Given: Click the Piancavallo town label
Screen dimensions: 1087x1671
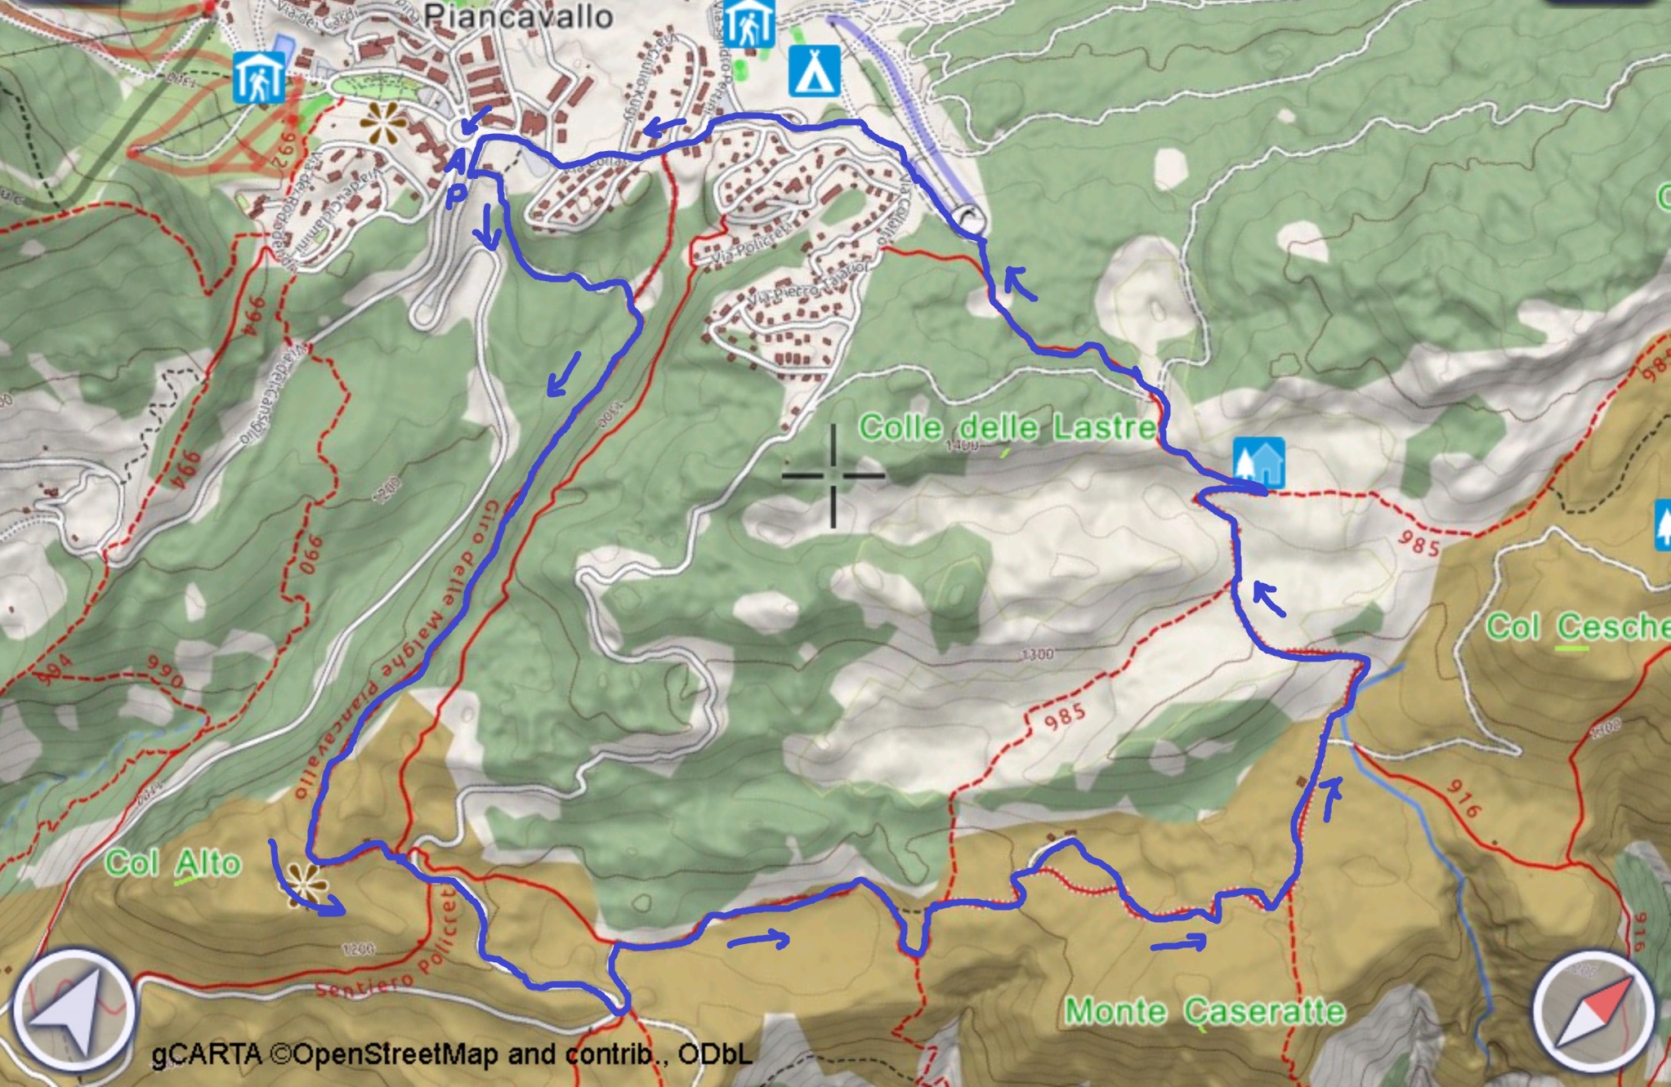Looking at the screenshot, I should pyautogui.click(x=519, y=16).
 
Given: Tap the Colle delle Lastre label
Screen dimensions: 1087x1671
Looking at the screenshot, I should pyautogui.click(x=1008, y=427).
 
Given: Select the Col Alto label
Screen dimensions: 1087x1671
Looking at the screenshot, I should pyautogui.click(x=173, y=864).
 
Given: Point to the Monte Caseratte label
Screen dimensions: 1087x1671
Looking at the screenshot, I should pyautogui.click(x=1205, y=1012).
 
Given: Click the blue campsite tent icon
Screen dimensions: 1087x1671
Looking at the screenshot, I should pyautogui.click(x=814, y=72).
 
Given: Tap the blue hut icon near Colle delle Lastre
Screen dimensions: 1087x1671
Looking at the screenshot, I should pyautogui.click(x=1258, y=462).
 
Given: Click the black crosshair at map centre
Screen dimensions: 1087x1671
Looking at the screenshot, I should pyautogui.click(x=833, y=475).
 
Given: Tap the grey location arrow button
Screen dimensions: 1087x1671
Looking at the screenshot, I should pyautogui.click(x=74, y=1009).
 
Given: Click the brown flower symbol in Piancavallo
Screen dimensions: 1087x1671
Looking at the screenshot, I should pyautogui.click(x=382, y=124).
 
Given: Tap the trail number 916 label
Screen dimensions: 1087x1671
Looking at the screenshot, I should pyautogui.click(x=1463, y=798).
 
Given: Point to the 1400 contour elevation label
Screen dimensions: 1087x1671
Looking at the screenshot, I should pyautogui.click(x=961, y=446).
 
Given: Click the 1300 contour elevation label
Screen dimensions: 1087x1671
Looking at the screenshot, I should pyautogui.click(x=1037, y=654).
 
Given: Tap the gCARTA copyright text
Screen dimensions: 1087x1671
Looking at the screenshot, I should pyautogui.click(x=452, y=1054).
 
